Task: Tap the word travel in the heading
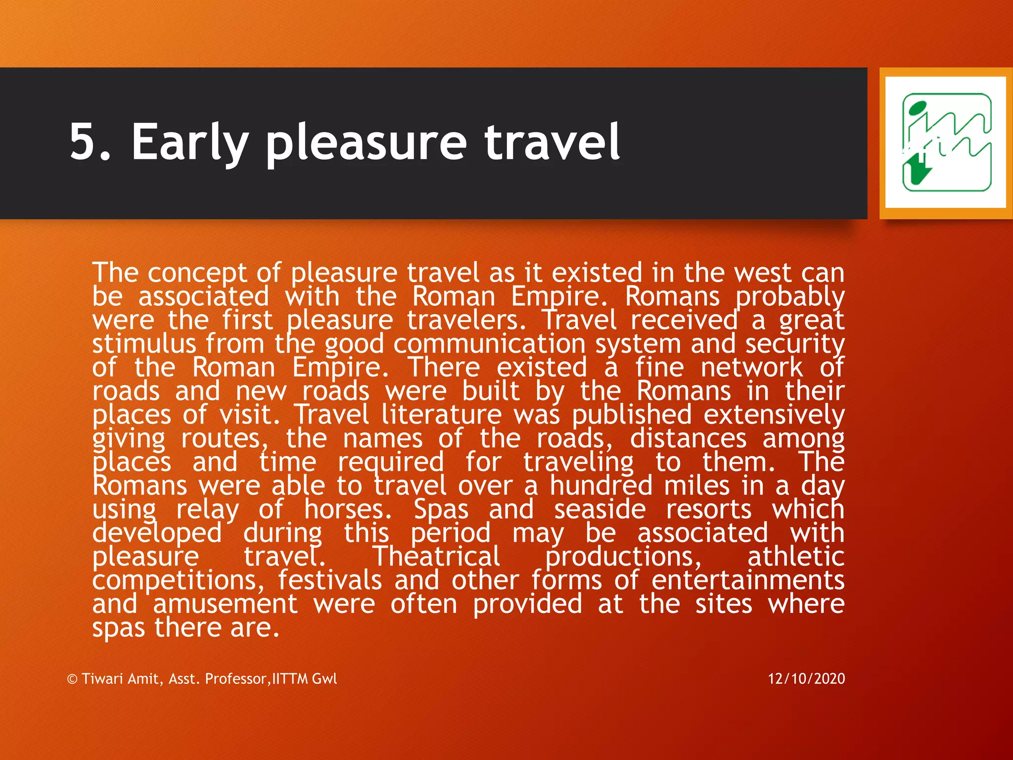pyautogui.click(x=552, y=142)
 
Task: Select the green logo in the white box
pyautogui.click(x=946, y=142)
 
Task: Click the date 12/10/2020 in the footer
pyautogui.click(x=806, y=678)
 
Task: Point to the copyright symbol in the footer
pyautogui.click(x=72, y=679)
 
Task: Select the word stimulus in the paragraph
pyautogui.click(x=144, y=344)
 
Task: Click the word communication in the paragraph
pyautogui.click(x=489, y=344)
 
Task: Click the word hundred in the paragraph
pyautogui.click(x=601, y=485)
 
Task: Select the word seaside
pyautogui.click(x=599, y=509)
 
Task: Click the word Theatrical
pyautogui.click(x=436, y=556)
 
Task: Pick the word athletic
pyautogui.click(x=795, y=556)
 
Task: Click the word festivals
pyautogui.click(x=329, y=580)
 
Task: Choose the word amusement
pyautogui.click(x=225, y=604)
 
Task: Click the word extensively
pyautogui.click(x=774, y=415)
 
